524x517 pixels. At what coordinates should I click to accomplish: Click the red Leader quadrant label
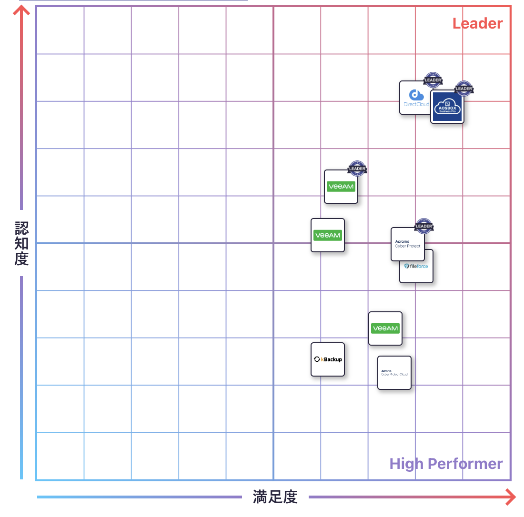(477, 23)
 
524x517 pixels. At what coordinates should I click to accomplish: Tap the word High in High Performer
(407, 464)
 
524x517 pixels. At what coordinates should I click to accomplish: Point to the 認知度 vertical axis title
(21, 243)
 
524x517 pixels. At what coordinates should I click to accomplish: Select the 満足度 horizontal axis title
(275, 497)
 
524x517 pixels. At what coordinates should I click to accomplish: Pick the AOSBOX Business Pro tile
(447, 107)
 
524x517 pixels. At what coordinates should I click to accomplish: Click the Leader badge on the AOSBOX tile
(464, 89)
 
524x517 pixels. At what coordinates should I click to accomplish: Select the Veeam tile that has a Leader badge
(341, 187)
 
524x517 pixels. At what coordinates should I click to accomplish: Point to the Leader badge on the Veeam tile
(357, 169)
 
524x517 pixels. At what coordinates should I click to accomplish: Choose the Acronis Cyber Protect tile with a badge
(407, 244)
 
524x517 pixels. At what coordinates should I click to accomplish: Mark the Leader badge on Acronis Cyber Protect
(423, 226)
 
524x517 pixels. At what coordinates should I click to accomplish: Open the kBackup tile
(328, 359)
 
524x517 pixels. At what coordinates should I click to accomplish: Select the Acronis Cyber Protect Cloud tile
(394, 373)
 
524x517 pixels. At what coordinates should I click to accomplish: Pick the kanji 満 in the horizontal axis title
(261, 497)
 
